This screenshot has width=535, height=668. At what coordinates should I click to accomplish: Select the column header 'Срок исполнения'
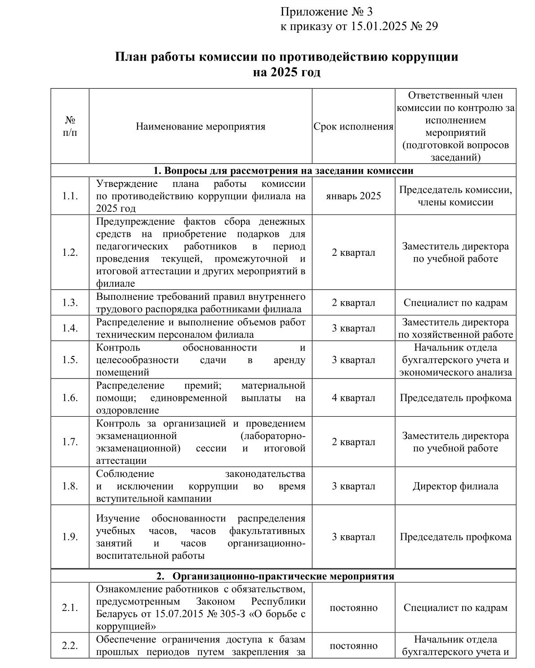coord(353,127)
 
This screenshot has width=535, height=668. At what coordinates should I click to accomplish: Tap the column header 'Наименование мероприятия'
coord(201,127)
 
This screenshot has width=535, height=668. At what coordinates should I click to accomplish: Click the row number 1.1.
coord(70,196)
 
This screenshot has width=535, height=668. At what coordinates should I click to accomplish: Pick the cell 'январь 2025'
coord(353,196)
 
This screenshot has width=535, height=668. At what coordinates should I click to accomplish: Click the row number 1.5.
coord(70,360)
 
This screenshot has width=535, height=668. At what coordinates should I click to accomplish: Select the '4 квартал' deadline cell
coord(353,398)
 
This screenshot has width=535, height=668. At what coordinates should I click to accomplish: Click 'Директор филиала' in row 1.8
coord(455,486)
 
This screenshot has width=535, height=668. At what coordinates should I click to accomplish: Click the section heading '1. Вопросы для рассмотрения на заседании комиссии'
coord(283,171)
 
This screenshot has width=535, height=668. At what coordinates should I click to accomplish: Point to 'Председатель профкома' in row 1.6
coord(455,398)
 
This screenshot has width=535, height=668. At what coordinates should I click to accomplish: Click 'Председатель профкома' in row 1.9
coord(455,537)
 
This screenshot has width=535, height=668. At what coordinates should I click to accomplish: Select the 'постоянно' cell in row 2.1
coord(353,608)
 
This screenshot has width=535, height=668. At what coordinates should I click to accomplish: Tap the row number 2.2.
coord(70,646)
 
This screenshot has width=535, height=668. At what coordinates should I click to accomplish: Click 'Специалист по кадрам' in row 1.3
coord(455,303)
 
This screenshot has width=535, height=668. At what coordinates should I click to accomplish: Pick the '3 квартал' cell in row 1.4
coord(353,328)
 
